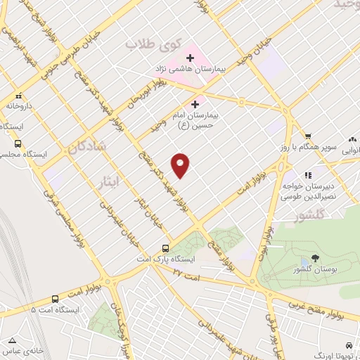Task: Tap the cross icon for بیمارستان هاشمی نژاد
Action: (x=190, y=57)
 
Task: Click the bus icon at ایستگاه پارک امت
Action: (x=166, y=248)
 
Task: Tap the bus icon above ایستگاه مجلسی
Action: (x=18, y=142)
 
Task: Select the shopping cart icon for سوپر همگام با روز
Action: (x=307, y=136)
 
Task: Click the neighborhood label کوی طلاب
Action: (x=148, y=44)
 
